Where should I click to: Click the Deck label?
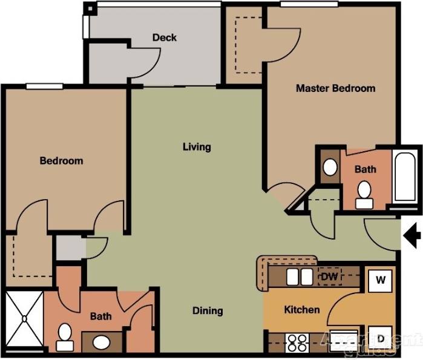[x=165, y=38]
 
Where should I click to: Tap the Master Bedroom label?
[x=335, y=88]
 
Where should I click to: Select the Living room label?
[x=197, y=146]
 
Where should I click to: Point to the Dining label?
[x=208, y=311]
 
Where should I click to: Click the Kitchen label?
[x=302, y=310]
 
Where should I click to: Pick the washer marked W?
[x=381, y=280]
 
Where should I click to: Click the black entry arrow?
[x=412, y=236]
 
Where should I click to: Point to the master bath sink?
[x=330, y=168]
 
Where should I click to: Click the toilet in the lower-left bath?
[x=65, y=335]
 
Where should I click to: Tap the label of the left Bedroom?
[x=61, y=161]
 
